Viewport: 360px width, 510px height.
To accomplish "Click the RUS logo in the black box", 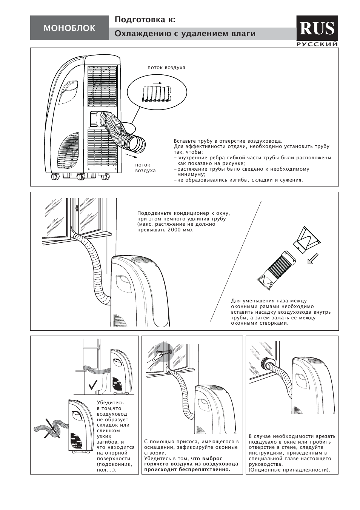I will pyautogui.click(x=317, y=28).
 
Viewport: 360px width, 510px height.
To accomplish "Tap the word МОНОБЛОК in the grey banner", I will pyautogui.click(x=69, y=28).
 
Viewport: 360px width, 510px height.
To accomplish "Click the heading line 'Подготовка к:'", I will pyautogui.click(x=145, y=20).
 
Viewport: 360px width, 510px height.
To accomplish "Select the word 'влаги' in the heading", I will pyautogui.click(x=243, y=34).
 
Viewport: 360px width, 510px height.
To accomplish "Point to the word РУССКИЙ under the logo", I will pyautogui.click(x=317, y=44).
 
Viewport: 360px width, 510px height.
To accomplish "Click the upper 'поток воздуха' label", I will pyautogui.click(x=166, y=68).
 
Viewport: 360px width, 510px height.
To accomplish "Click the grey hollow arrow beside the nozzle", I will pyautogui.click(x=313, y=259).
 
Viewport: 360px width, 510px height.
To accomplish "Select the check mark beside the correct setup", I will pyautogui.click(x=93, y=385).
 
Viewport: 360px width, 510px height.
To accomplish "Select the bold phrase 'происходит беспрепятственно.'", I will pyautogui.click(x=187, y=469).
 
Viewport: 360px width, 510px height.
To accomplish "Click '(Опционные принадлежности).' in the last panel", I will pyautogui.click(x=289, y=470).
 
